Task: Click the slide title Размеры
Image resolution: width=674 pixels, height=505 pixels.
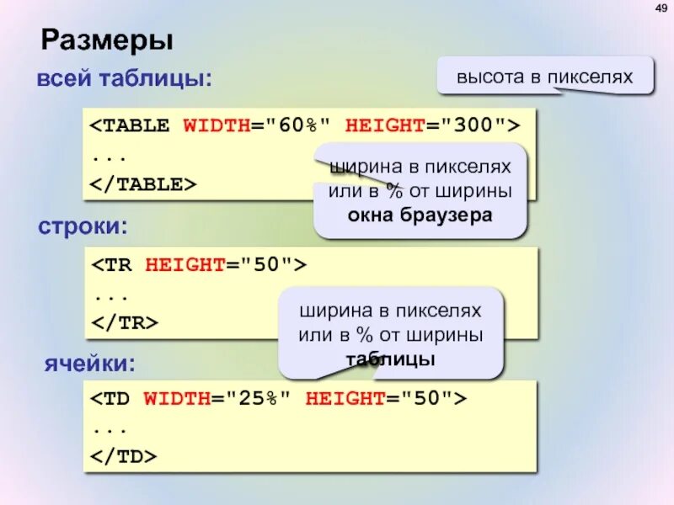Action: (x=107, y=40)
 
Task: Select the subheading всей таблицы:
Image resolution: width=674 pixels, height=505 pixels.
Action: (x=124, y=81)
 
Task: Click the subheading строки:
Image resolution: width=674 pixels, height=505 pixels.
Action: (x=83, y=226)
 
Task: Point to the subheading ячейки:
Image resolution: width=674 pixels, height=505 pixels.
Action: (x=89, y=364)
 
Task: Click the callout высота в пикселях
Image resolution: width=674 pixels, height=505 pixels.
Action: (x=544, y=77)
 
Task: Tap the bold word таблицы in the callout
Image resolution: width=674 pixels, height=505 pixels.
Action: (x=390, y=359)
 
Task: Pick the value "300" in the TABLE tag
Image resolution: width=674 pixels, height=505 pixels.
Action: (x=468, y=126)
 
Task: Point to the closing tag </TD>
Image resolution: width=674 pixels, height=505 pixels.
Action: (x=124, y=456)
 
